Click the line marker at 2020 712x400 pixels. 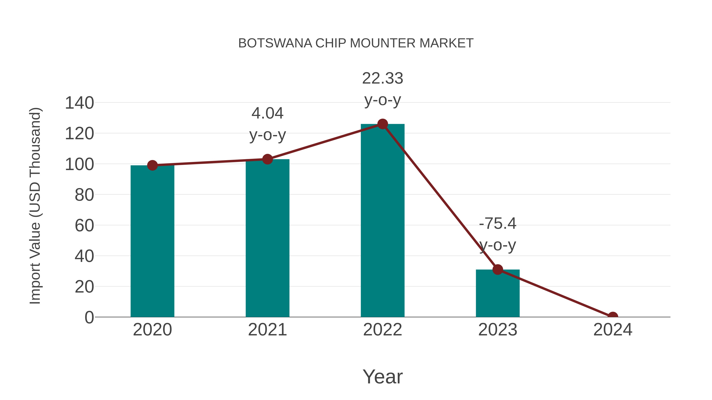pos(152,165)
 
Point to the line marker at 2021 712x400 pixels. pos(267,159)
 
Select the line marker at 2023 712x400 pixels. pos(498,269)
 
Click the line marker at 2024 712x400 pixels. pos(613,316)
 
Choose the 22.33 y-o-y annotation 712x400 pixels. pos(383,89)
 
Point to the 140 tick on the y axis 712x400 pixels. pos(79,103)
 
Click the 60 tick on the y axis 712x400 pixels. pos(84,226)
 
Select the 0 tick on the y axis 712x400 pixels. pos(89,317)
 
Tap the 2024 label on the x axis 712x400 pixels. pos(613,330)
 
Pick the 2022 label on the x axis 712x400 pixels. pos(383,330)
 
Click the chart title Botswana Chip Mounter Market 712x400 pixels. pos(356,43)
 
